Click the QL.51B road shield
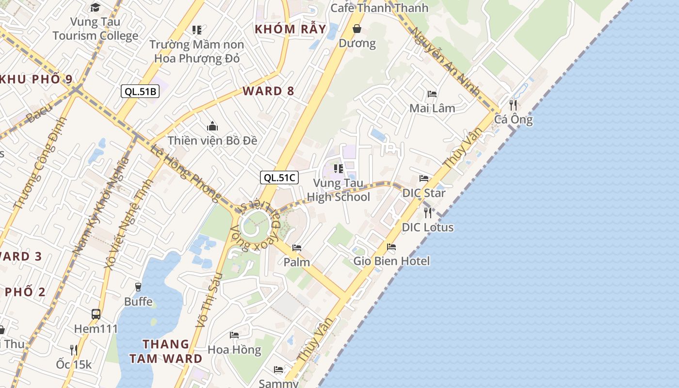[x=140, y=91]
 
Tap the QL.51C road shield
[x=279, y=178]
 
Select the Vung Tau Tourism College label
[x=96, y=29]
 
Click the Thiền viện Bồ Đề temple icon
[x=212, y=127]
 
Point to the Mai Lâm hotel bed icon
[x=432, y=94]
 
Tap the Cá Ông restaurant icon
[x=513, y=105]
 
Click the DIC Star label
[x=424, y=193]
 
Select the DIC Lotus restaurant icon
[x=427, y=212]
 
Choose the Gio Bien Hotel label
[x=391, y=261]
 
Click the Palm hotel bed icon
[x=297, y=248]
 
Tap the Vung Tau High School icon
[x=339, y=169]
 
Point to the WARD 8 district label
[x=269, y=91]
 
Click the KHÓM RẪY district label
[x=291, y=29]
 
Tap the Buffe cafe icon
[x=138, y=287]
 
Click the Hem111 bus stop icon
[x=96, y=314]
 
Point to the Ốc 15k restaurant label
[x=74, y=364]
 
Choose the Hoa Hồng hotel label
[x=234, y=349]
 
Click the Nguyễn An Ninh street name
[x=445, y=61]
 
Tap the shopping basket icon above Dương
[x=357, y=29]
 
